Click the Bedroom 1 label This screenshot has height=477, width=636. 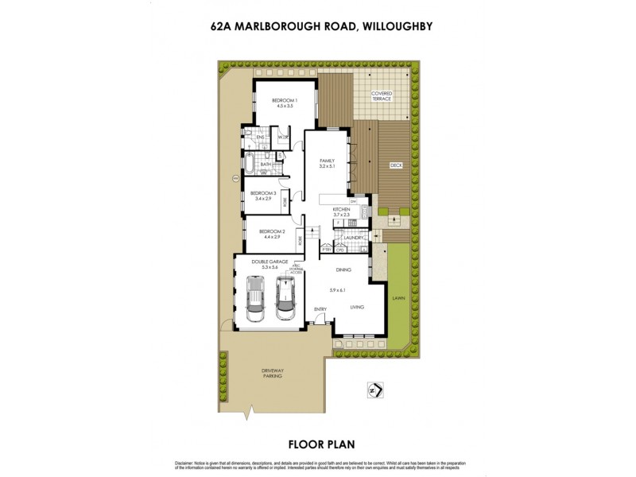[285, 100]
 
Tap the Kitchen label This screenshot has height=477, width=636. [341, 209]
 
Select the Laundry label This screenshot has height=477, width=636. [355, 237]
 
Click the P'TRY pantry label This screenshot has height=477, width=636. [326, 250]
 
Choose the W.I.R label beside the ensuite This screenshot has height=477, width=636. [282, 138]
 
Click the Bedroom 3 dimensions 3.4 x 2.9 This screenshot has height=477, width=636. [262, 199]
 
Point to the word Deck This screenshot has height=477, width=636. [395, 165]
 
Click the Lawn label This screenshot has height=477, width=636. [397, 298]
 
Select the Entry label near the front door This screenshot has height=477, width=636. [320, 309]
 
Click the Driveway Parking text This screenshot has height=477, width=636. [272, 375]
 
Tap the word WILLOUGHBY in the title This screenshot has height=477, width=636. [397, 25]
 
